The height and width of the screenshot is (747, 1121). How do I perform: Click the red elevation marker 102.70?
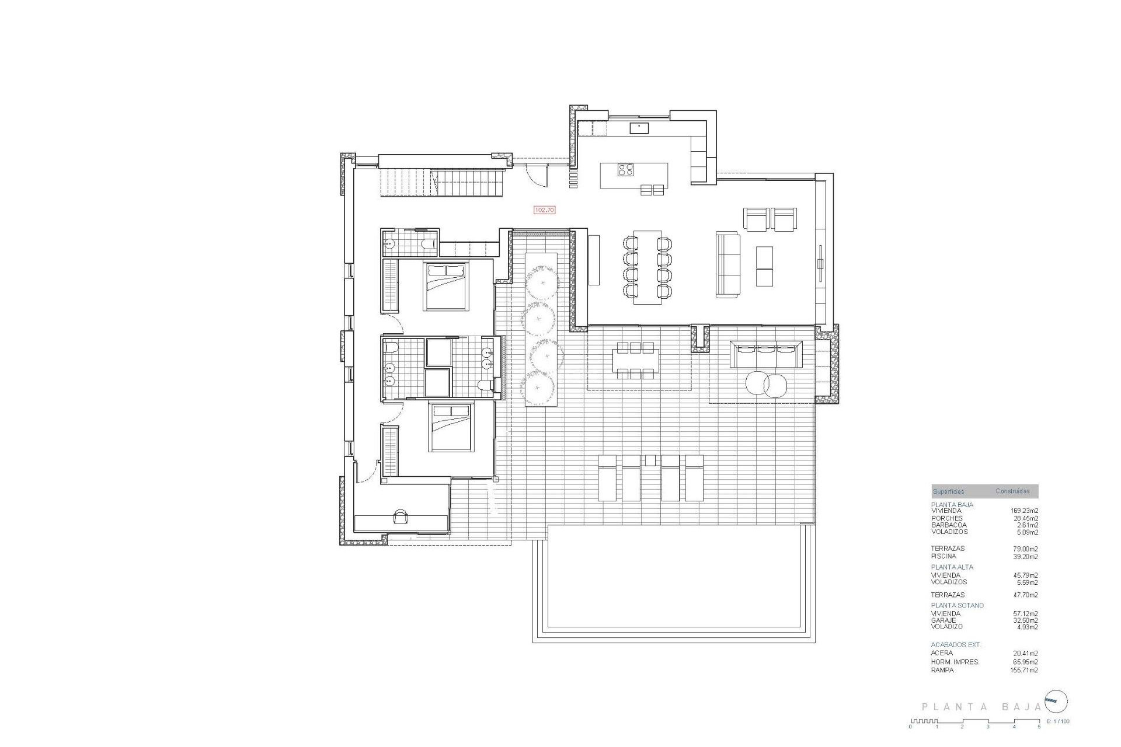click(x=544, y=210)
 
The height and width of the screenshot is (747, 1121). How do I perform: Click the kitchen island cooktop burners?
click(x=626, y=169)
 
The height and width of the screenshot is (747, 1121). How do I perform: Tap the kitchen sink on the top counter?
click(x=639, y=127)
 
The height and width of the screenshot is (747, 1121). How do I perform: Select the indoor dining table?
click(x=647, y=267)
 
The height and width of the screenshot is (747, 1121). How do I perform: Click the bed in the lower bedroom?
click(x=451, y=427)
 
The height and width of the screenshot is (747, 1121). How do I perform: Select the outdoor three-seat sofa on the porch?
click(x=767, y=354)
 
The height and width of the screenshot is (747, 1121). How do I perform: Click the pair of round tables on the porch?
click(x=767, y=384)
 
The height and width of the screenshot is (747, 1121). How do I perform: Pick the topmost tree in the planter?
click(x=542, y=283)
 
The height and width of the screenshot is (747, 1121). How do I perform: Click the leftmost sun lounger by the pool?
click(x=607, y=478)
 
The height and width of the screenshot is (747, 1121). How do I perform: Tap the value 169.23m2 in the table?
click(x=1025, y=511)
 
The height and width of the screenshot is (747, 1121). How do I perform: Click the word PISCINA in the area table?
click(x=944, y=556)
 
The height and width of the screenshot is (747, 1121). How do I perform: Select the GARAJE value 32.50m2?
click(x=1025, y=620)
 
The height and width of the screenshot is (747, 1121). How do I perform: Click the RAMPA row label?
click(x=942, y=670)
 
